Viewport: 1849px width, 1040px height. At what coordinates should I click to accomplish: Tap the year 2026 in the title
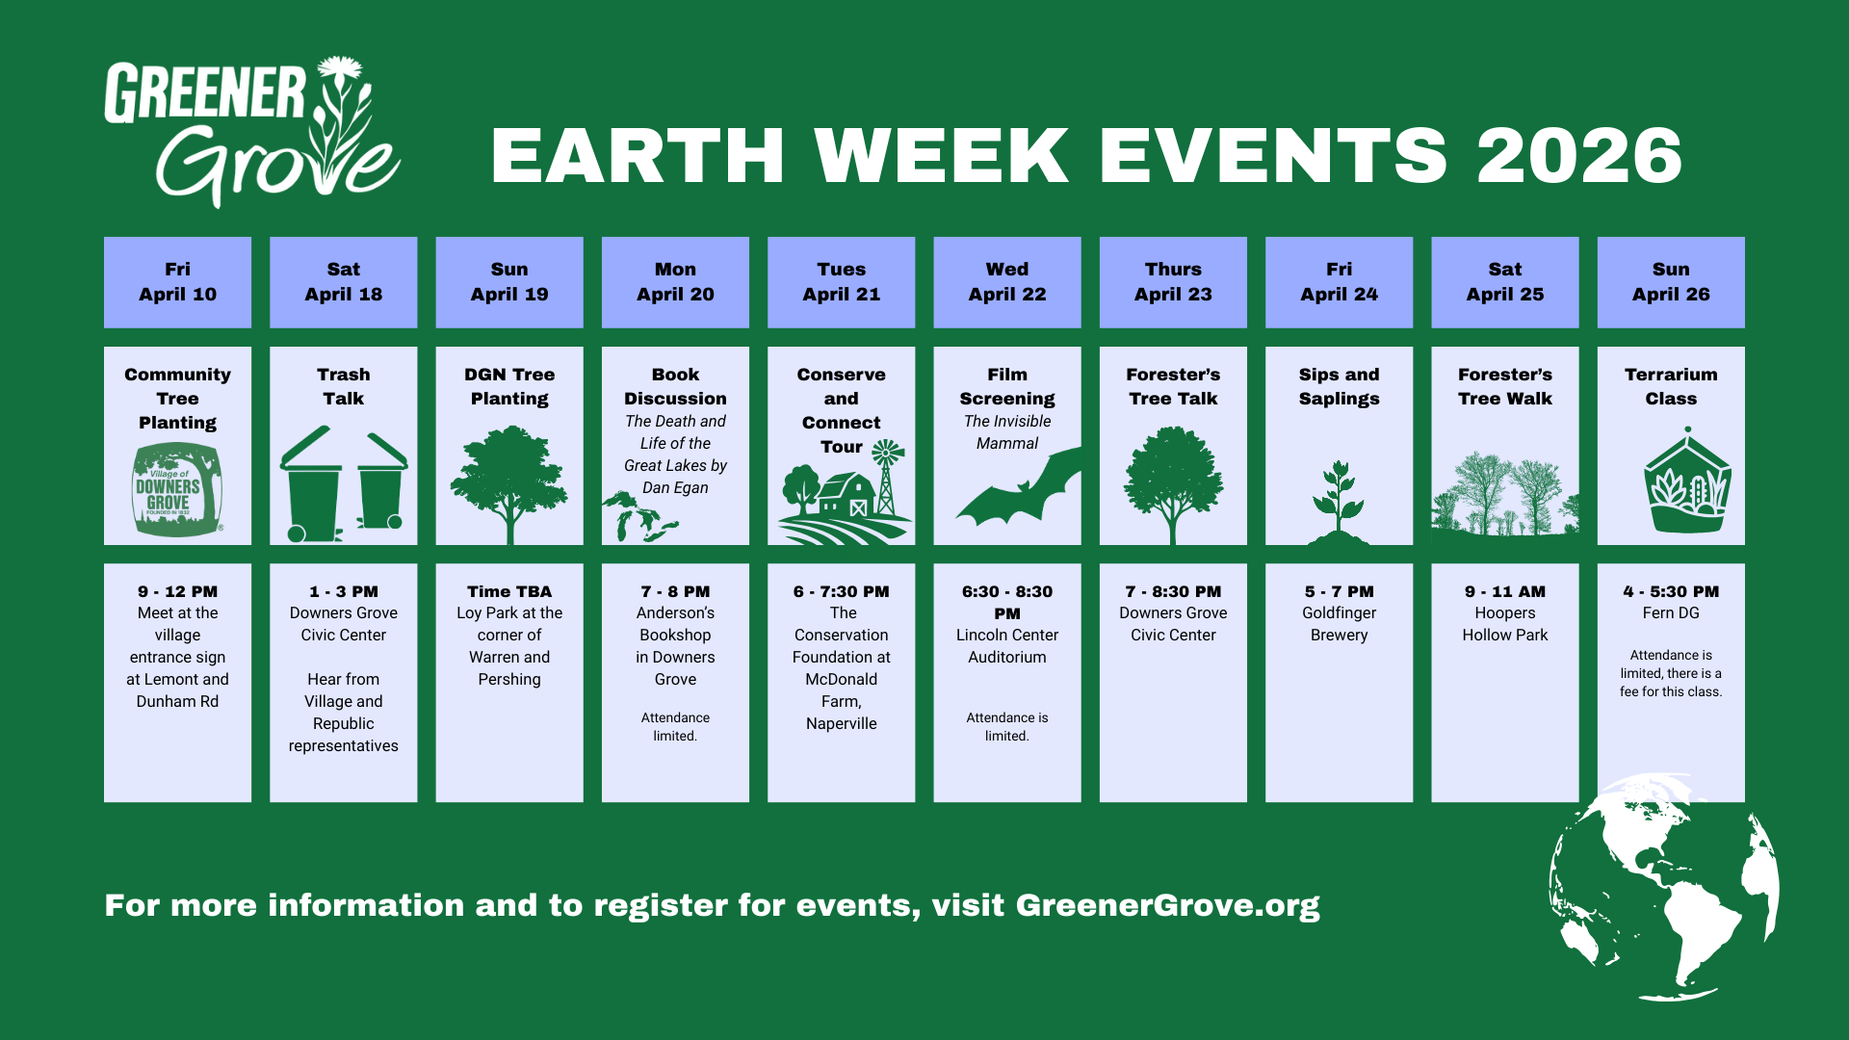(1579, 156)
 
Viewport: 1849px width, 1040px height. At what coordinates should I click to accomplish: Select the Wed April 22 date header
(1007, 282)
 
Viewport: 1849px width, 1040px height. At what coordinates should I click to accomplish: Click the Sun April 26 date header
(1671, 282)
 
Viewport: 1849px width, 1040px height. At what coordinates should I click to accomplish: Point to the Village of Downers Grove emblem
(177, 489)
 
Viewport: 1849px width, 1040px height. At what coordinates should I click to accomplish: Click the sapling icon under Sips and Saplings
(1339, 501)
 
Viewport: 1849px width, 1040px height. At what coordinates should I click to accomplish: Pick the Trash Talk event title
(344, 386)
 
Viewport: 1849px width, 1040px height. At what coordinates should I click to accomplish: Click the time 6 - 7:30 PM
(842, 591)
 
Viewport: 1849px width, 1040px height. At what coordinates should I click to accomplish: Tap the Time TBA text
(509, 591)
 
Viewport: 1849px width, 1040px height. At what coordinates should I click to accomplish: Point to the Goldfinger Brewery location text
(1339, 624)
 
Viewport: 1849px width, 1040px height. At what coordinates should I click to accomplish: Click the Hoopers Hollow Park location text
(1505, 624)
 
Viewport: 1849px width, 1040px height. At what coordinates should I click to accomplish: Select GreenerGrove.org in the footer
(1167, 905)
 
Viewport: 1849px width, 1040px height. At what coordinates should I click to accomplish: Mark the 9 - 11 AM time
(1505, 591)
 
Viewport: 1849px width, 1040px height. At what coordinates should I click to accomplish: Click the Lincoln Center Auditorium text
(1007, 646)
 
